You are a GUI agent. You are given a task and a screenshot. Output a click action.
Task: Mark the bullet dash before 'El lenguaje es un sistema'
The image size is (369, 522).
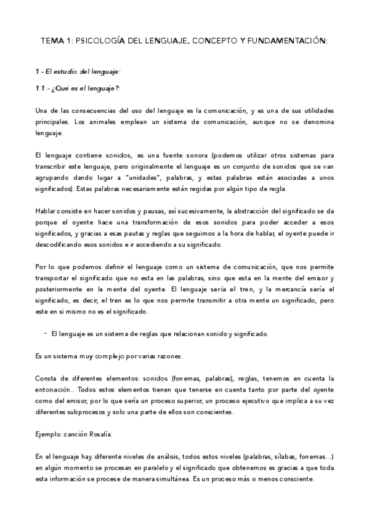[46, 332]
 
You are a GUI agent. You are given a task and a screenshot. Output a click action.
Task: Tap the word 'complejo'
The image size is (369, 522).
[110, 355]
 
